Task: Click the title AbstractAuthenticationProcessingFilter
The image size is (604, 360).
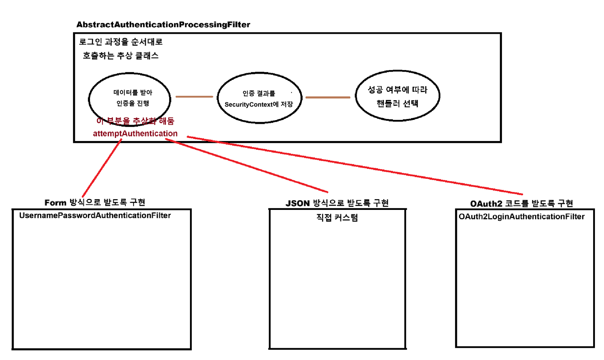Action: pyautogui.click(x=163, y=24)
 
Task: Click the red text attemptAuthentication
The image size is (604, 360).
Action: pyautogui.click(x=135, y=133)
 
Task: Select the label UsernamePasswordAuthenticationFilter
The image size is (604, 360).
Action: pyautogui.click(x=95, y=215)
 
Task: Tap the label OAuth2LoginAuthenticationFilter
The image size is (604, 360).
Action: pyautogui.click(x=522, y=217)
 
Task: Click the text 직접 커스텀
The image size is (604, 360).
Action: pyautogui.click(x=337, y=217)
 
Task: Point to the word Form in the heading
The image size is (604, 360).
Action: pyautogui.click(x=55, y=203)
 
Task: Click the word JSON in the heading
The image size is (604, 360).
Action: pyautogui.click(x=297, y=203)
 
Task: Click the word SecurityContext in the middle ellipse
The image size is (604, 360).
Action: pyautogui.click(x=248, y=104)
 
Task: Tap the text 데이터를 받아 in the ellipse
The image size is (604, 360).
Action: pyautogui.click(x=133, y=92)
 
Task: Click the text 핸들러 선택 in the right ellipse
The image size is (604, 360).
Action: pyautogui.click(x=397, y=104)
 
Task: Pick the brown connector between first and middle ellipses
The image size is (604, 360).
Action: pyautogui.click(x=194, y=97)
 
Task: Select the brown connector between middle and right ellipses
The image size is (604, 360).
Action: pyautogui.click(x=328, y=97)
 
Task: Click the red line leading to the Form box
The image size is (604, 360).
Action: pyautogui.click(x=101, y=169)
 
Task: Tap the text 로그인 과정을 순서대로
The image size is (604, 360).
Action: pyautogui.click(x=121, y=42)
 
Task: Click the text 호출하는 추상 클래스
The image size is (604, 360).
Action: pyautogui.click(x=121, y=56)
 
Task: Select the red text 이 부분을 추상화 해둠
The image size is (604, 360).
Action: pyautogui.click(x=135, y=121)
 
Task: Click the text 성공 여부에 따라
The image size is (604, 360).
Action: pyautogui.click(x=397, y=90)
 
